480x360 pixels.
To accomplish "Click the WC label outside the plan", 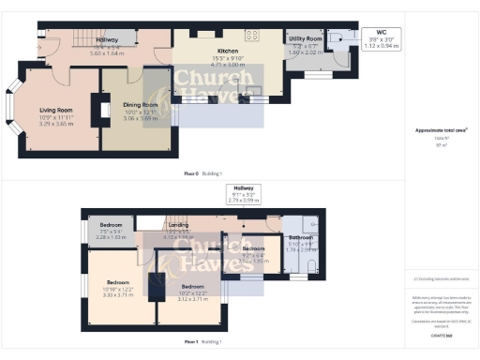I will (x=381, y=32).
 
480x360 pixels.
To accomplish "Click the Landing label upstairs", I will (x=177, y=226).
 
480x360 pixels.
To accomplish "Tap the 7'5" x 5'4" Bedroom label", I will (x=112, y=226).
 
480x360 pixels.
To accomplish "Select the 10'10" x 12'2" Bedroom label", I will (x=118, y=282).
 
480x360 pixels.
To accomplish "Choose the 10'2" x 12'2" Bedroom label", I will (x=193, y=286).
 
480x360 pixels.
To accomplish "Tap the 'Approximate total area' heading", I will (x=442, y=128).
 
